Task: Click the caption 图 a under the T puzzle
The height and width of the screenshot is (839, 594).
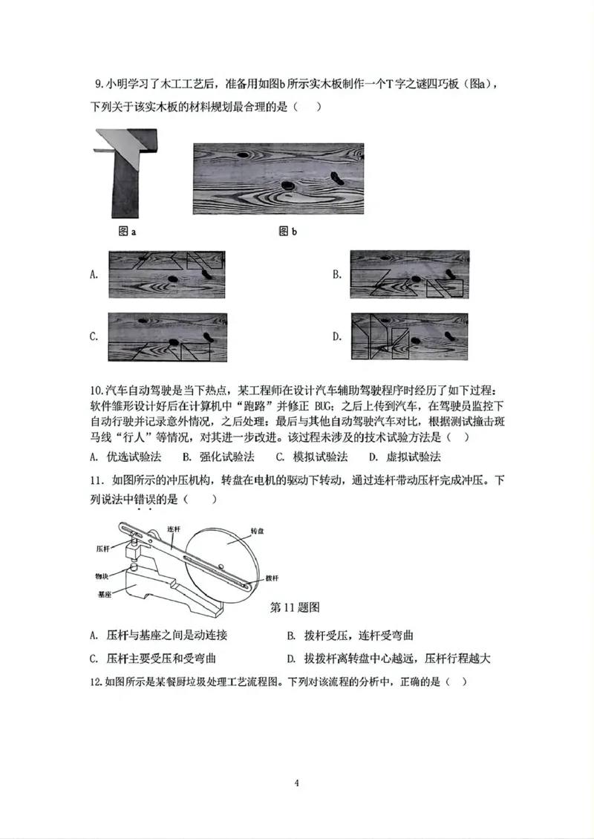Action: (127, 232)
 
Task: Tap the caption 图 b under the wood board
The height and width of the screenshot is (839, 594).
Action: (287, 232)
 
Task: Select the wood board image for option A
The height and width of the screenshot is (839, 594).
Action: (166, 275)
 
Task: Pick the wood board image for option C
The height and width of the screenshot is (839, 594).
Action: (166, 337)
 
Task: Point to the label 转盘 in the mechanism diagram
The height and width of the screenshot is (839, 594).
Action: (258, 532)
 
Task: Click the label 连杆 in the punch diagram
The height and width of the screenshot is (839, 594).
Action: (174, 529)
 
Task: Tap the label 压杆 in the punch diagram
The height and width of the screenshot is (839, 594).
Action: (103, 548)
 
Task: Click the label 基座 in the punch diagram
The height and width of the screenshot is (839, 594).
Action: (103, 595)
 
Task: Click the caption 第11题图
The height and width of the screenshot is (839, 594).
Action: (295, 607)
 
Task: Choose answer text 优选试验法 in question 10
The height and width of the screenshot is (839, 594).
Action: (131, 457)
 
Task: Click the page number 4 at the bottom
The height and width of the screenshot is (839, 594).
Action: (296, 783)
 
